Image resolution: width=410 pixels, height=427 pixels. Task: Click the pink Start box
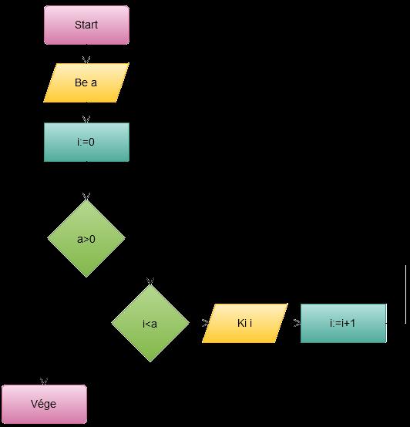pyautogui.click(x=86, y=25)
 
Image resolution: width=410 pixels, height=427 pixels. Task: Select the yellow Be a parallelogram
pyautogui.click(x=86, y=82)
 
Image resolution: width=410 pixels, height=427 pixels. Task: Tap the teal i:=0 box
pyautogui.click(x=86, y=142)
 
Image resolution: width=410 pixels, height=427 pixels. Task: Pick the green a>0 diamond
pyautogui.click(x=86, y=239)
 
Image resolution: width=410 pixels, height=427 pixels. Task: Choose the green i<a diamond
pyautogui.click(x=150, y=323)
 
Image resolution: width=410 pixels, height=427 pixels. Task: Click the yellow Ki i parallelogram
pyautogui.click(x=245, y=323)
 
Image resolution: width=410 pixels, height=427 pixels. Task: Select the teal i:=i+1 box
pyautogui.click(x=344, y=323)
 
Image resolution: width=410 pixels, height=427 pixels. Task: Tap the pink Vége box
pyautogui.click(x=44, y=404)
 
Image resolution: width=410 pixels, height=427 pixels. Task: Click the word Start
pyautogui.click(x=86, y=25)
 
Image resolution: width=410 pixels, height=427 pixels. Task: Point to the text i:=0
pyautogui.click(x=86, y=142)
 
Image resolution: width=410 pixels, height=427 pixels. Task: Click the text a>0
pyautogui.click(x=86, y=239)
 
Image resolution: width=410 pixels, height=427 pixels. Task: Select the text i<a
pyautogui.click(x=150, y=324)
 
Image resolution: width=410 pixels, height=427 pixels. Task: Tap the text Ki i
pyautogui.click(x=244, y=323)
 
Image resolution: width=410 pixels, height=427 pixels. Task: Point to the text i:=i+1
pyautogui.click(x=342, y=323)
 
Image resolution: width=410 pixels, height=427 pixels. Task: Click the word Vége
pyautogui.click(x=43, y=404)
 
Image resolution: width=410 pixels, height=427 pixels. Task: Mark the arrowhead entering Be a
pyautogui.click(x=86, y=59)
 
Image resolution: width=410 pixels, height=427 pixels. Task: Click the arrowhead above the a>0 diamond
pyautogui.click(x=86, y=197)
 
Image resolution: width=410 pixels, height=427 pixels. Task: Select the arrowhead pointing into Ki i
pyautogui.click(x=205, y=323)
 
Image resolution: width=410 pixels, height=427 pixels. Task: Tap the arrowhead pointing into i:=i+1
pyautogui.click(x=297, y=323)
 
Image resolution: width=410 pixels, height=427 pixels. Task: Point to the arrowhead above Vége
pyautogui.click(x=44, y=382)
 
